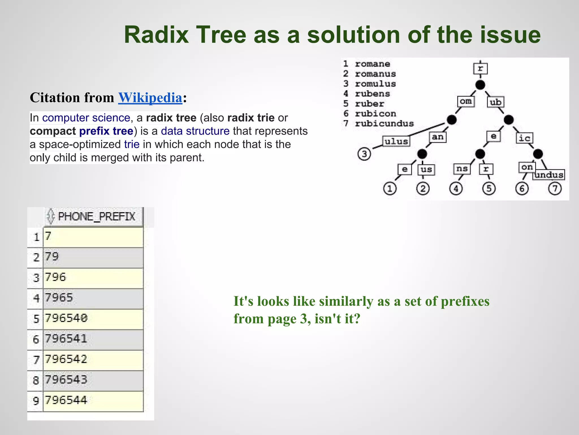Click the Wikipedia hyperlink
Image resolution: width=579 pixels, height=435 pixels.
(150, 98)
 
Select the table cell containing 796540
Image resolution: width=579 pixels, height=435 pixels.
(93, 319)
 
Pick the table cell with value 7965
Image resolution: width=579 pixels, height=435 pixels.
(93, 298)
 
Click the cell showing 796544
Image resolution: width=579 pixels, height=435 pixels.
(93, 401)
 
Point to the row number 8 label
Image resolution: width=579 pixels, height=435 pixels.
(36, 380)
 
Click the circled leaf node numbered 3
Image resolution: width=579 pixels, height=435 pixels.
(364, 154)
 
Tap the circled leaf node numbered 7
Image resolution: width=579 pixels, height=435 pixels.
(555, 189)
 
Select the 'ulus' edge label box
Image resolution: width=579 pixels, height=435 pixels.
(396, 141)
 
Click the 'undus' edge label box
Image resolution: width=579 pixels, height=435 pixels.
(549, 175)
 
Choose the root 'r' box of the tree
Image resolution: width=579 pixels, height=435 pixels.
(480, 69)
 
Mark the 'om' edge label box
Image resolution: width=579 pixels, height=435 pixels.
(466, 101)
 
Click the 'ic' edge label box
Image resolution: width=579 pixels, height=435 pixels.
(524, 138)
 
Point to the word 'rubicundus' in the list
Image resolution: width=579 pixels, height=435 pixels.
(384, 124)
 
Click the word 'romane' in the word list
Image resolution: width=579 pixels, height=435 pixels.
(372, 64)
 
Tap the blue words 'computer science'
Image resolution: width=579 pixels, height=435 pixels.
(86, 118)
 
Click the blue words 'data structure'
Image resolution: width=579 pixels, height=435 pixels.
(195, 131)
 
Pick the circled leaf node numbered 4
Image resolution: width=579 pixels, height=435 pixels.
(456, 189)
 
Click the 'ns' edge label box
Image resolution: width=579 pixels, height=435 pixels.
(462, 169)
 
